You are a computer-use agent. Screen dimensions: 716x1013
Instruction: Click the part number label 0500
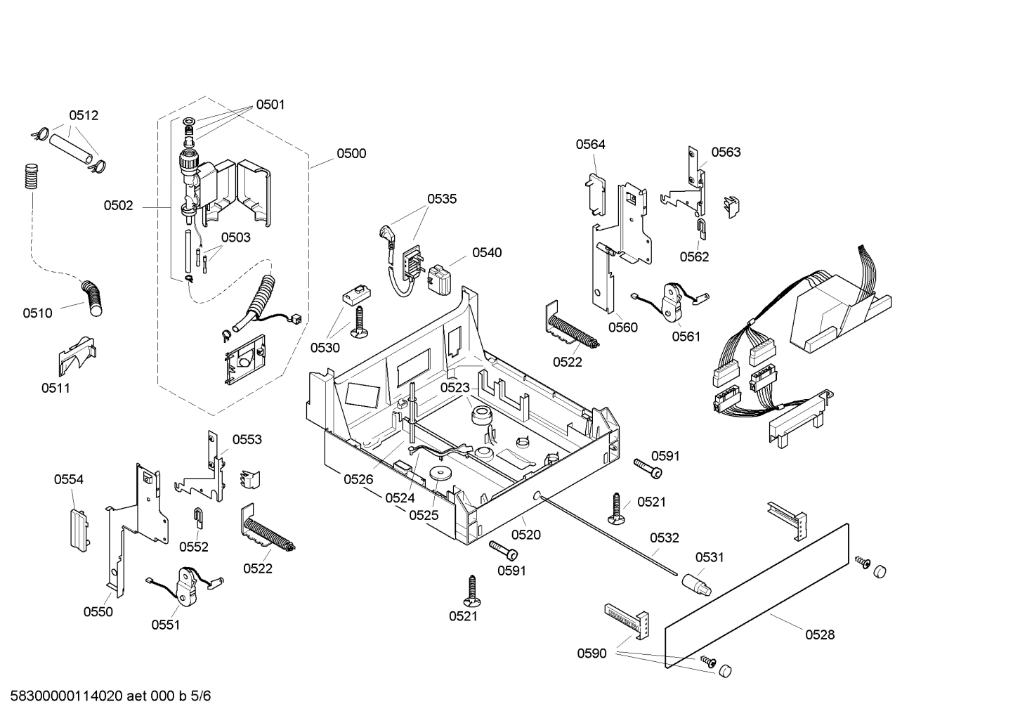[x=351, y=153]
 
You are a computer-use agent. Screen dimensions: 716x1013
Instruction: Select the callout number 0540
[x=486, y=252]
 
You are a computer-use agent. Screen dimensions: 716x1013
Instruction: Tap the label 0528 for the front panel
[x=820, y=634]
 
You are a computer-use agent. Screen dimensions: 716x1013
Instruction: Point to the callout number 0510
[x=37, y=313]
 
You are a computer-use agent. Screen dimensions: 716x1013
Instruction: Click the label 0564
[x=590, y=144]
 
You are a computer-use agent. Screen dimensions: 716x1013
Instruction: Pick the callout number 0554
[x=69, y=479]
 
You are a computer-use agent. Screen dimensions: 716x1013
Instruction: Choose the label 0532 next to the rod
[x=664, y=538]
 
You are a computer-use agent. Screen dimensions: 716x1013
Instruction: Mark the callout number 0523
[x=455, y=387]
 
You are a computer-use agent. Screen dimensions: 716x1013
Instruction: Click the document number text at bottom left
[x=105, y=696]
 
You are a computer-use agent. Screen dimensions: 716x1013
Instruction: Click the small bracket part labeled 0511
[x=76, y=357]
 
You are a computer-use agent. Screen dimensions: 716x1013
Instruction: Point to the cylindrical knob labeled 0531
[x=695, y=582]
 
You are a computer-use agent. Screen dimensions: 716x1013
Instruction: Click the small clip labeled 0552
[x=199, y=518]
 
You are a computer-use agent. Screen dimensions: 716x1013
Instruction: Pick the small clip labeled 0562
[x=700, y=226]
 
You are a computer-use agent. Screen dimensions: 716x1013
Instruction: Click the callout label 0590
[x=592, y=653]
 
